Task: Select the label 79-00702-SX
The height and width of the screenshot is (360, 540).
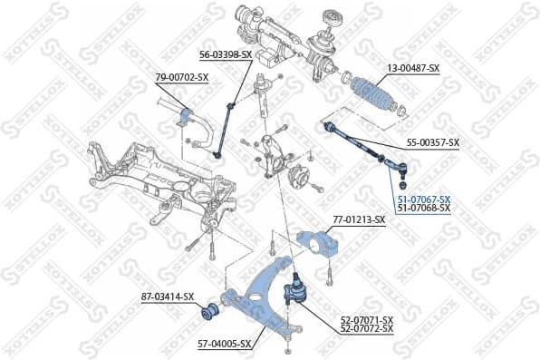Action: point(182,77)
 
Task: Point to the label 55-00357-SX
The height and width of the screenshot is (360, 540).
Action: point(433,142)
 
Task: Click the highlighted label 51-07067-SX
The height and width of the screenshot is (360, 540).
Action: point(423,199)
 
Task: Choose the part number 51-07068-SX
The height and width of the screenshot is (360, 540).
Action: point(423,209)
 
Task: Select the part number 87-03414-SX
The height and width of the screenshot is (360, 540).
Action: point(168,297)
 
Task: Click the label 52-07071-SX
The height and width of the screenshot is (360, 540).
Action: point(367,319)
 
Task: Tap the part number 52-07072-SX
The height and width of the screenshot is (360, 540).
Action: point(367,328)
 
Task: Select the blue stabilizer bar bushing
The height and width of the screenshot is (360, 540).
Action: point(189,117)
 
